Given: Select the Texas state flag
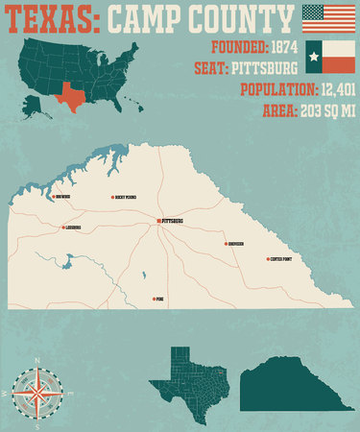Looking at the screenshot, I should click(x=326, y=56).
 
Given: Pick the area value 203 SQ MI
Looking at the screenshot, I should click(x=323, y=109).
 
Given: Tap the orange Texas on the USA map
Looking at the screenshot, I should click(x=70, y=94).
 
